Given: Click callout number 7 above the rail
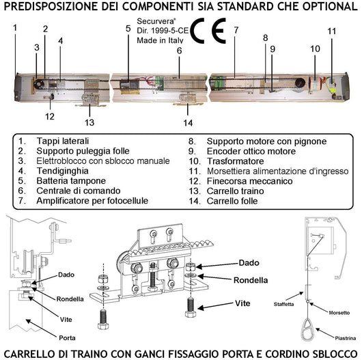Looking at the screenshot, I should point(235,30).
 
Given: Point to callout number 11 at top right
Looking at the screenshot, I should point(331,31).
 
